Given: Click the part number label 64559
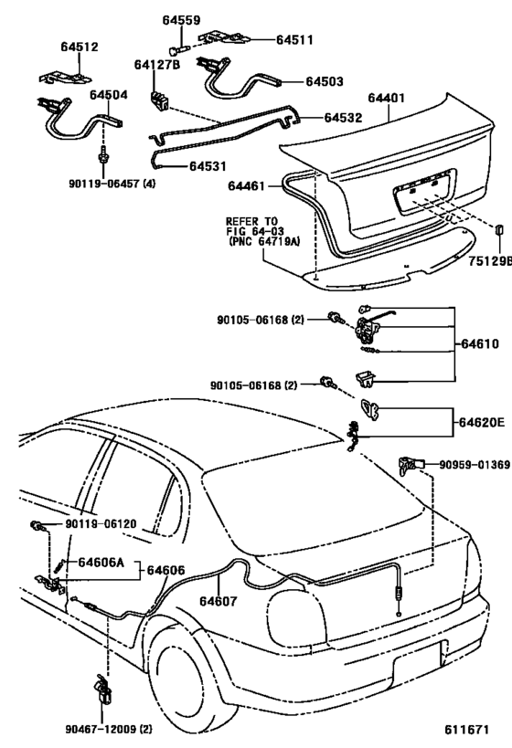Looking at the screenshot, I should pos(184,17).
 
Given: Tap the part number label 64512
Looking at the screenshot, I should pos(80,47).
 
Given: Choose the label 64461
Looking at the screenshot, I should pos(247,186).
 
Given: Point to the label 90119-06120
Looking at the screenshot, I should pos(101,524).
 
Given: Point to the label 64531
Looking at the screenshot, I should pos(210,166).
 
